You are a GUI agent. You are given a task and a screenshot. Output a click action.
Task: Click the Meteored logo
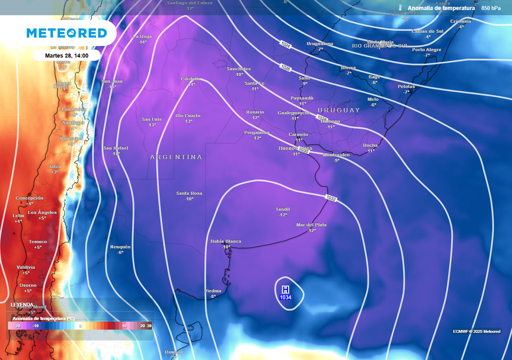click(66, 33)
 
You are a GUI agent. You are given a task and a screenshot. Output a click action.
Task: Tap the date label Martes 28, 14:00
click(66, 55)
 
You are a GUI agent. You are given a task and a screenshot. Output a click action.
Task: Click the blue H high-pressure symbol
click(285, 289)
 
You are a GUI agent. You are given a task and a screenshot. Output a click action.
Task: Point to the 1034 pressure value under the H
click(285, 297)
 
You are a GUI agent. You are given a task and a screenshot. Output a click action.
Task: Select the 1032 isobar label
click(331, 198)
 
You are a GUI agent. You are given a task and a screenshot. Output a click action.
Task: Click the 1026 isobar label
click(285, 66)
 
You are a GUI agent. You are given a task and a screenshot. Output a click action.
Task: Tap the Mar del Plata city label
click(311, 225)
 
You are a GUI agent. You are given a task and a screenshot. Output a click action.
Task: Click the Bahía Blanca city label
click(225, 241)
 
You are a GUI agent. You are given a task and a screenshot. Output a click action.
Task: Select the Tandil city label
click(283, 209)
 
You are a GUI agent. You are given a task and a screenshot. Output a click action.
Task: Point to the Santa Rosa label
click(189, 193)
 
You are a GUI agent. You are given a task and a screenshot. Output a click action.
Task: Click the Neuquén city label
click(120, 247)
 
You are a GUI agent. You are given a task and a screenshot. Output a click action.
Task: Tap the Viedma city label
click(213, 291)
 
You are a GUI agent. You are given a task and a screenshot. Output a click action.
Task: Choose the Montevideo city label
click(336, 154)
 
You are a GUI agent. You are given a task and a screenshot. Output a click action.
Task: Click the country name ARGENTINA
click(176, 157)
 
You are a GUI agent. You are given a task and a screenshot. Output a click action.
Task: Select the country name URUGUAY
click(338, 110)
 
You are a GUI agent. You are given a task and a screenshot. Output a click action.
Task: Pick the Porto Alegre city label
click(426, 49)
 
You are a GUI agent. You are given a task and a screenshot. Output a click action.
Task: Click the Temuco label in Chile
click(38, 241)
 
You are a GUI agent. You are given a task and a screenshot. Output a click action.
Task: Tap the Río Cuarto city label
click(188, 115)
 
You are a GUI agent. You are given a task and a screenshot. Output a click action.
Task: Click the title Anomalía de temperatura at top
click(440, 8)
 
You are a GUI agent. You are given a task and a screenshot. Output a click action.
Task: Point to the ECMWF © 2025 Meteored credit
click(476, 331)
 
